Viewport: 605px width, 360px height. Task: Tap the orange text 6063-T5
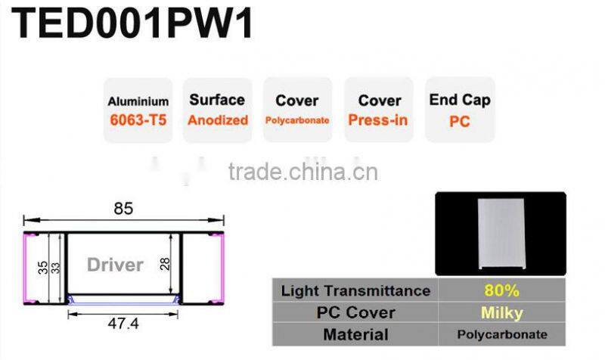pyautogui.click(x=138, y=119)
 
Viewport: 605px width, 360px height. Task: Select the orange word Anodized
pyautogui.click(x=218, y=120)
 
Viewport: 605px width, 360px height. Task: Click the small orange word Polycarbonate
pyautogui.click(x=297, y=120)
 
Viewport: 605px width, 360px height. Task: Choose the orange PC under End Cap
pyautogui.click(x=459, y=120)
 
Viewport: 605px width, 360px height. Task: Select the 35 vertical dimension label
pyautogui.click(x=43, y=267)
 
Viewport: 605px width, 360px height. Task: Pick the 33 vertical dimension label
pyautogui.click(x=55, y=267)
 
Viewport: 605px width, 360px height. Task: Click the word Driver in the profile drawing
pyautogui.click(x=115, y=265)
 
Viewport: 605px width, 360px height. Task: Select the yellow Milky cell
pyautogui.click(x=501, y=312)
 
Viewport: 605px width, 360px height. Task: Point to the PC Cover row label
pyautogui.click(x=355, y=312)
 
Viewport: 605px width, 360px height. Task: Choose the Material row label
pyautogui.click(x=355, y=334)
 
